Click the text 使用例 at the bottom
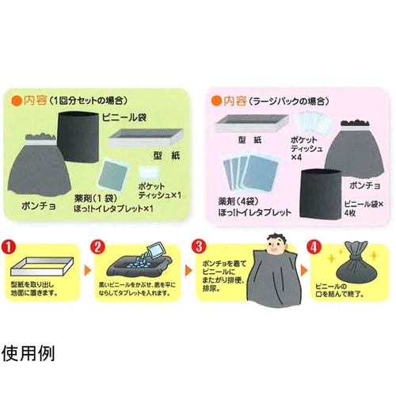click(x=32, y=349)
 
